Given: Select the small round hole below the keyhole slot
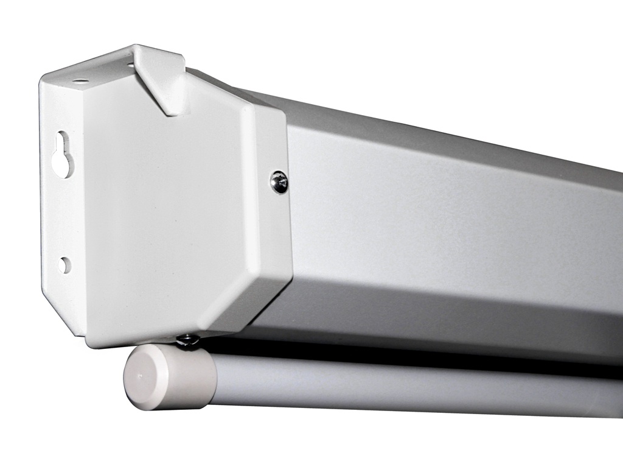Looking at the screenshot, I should coord(64,265).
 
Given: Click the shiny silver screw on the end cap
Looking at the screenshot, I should coord(279,181).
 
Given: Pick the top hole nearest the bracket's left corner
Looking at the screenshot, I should coord(80,81).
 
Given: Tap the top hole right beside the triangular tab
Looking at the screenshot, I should coord(131,62).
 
